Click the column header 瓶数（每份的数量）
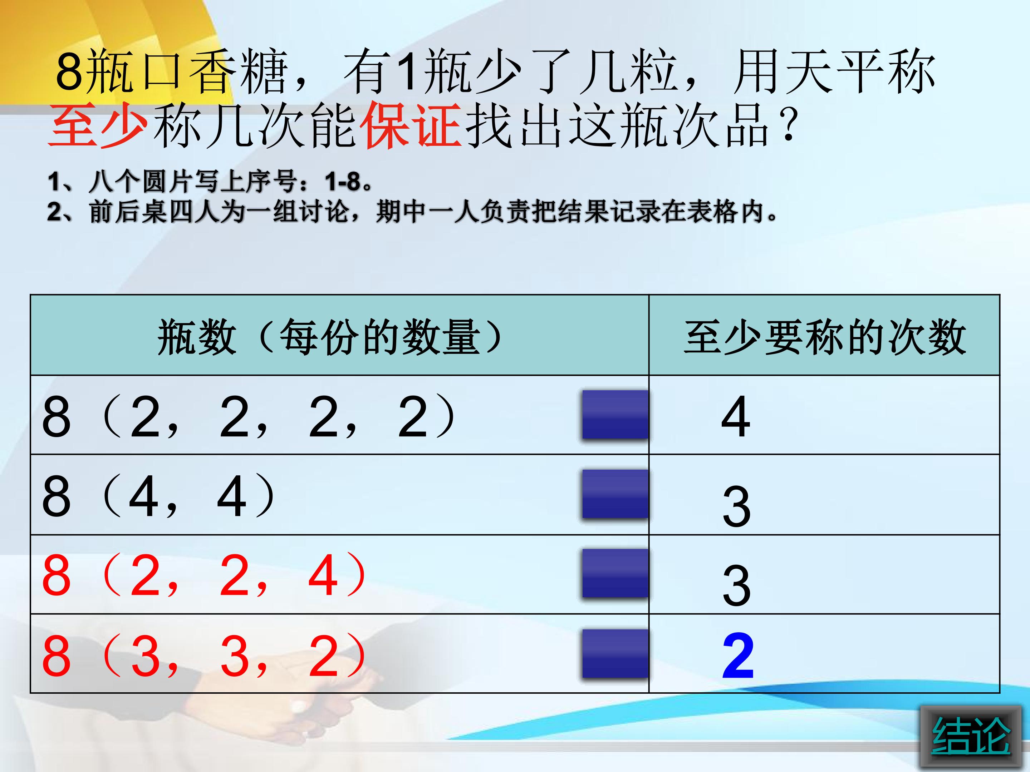330,336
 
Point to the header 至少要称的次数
824,336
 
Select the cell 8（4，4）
158,496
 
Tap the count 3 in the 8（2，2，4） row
737,585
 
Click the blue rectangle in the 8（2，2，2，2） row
615,415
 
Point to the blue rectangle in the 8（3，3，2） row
615,653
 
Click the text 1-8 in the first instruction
343,182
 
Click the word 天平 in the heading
834,72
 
